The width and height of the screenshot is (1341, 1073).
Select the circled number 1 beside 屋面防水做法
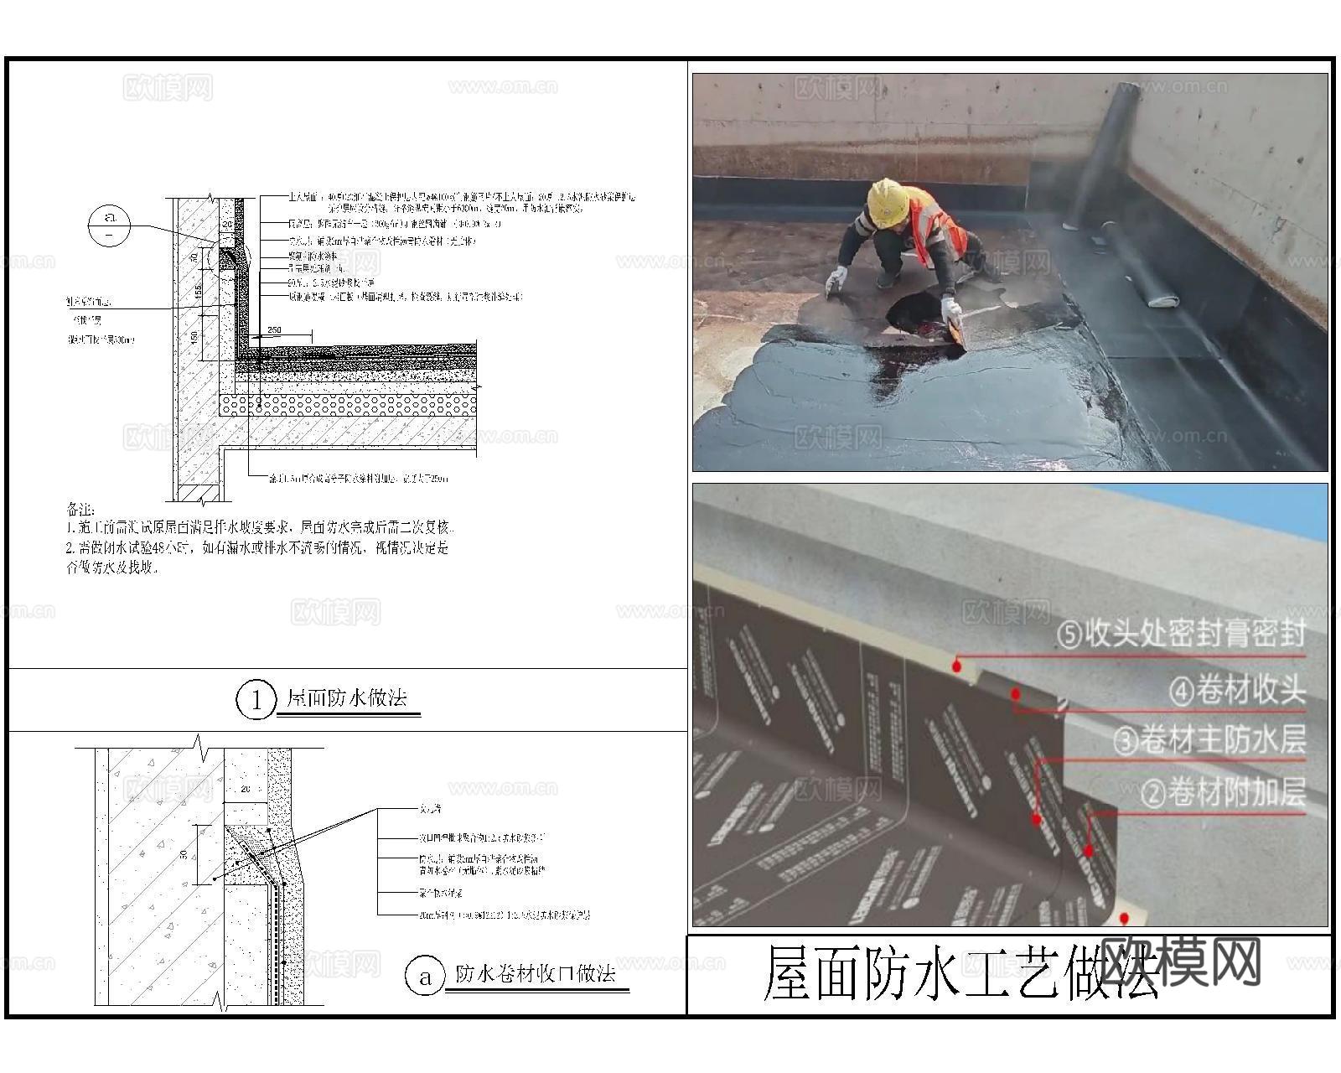click(255, 700)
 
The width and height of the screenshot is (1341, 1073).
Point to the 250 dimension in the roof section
click(274, 330)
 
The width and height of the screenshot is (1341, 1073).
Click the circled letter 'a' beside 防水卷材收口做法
click(425, 977)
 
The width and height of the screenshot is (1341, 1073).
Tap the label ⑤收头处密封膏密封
click(1182, 634)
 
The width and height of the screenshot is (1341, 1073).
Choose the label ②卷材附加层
click(1223, 792)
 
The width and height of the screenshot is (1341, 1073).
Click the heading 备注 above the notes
click(80, 510)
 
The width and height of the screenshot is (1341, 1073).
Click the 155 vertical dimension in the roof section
click(196, 291)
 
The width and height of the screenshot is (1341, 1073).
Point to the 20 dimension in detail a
click(246, 789)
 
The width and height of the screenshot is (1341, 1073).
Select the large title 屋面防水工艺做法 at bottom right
click(964, 974)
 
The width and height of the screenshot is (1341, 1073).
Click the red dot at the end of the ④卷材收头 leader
click(1016, 694)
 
